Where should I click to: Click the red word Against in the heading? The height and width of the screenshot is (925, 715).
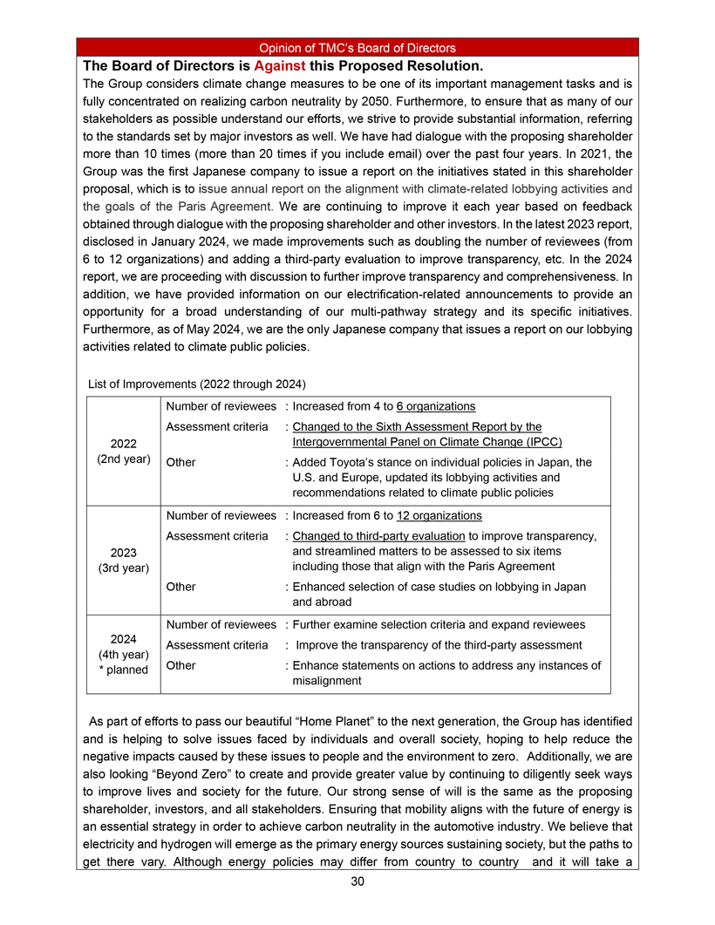(279, 66)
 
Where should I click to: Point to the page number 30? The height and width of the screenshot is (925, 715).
(357, 881)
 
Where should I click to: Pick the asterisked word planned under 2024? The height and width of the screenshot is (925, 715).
(130, 670)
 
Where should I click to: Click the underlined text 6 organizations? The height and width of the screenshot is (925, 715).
(435, 406)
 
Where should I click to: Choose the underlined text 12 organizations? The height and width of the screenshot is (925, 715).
(439, 516)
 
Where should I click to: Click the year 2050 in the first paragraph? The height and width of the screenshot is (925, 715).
(493, 103)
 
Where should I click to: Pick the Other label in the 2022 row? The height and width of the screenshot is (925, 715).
(180, 462)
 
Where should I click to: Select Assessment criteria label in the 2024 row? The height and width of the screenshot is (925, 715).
(216, 645)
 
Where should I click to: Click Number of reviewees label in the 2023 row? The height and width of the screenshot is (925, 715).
(221, 516)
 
